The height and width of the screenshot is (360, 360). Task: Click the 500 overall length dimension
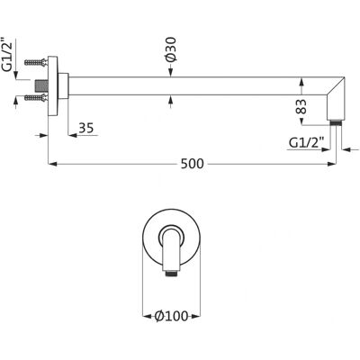pyautogui.click(x=192, y=164)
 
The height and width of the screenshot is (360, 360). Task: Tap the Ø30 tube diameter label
pyautogui.click(x=170, y=49)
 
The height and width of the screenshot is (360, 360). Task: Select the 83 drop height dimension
pyautogui.click(x=301, y=106)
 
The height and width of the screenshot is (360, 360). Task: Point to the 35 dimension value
pyautogui.click(x=86, y=128)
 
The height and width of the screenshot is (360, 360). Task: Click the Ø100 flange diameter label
pyautogui.click(x=172, y=316)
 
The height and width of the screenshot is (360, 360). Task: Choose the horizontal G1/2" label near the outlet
pyautogui.click(x=307, y=143)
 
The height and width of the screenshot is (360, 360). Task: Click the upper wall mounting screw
pyautogui.click(x=36, y=62)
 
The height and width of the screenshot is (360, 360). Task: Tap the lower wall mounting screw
pyautogui.click(x=36, y=97)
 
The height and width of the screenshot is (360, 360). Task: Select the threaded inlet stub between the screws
pyautogui.click(x=41, y=86)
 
